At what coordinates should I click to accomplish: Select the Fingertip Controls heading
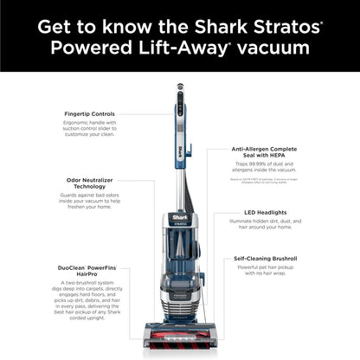[x=88, y=113]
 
